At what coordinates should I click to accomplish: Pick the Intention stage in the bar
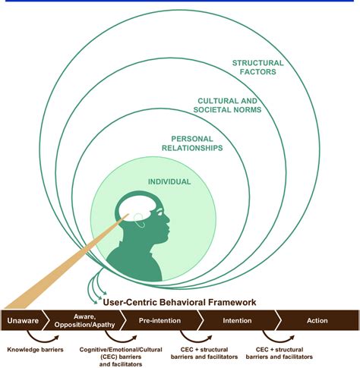point(236,320)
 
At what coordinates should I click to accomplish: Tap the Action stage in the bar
point(317,320)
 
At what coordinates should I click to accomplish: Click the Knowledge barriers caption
point(36,350)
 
